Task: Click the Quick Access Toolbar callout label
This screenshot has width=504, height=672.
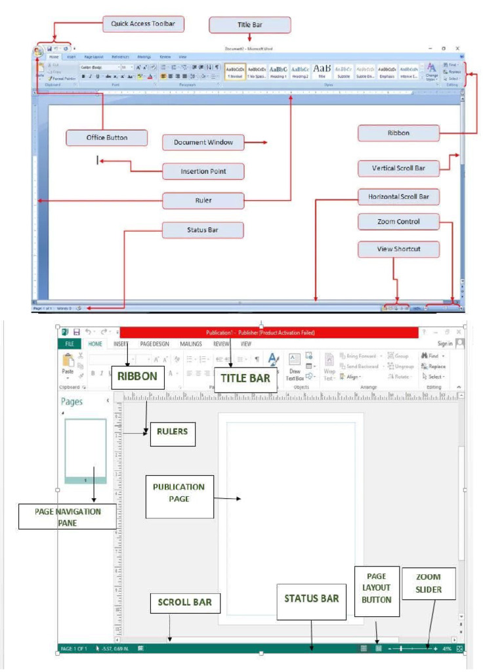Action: click(143, 24)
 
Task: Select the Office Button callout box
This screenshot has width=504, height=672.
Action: click(107, 138)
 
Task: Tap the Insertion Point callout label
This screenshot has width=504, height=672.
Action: click(203, 171)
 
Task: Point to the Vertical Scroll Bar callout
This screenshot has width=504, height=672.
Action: click(398, 168)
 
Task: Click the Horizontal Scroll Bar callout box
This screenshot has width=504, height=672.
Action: click(398, 196)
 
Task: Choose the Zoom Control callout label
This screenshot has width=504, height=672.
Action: click(398, 222)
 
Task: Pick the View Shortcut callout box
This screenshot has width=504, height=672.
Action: click(398, 249)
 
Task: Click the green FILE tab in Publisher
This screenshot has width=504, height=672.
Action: click(68, 343)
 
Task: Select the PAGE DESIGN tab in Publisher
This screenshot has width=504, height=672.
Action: click(154, 343)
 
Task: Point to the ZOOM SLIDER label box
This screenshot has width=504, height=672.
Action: click(429, 583)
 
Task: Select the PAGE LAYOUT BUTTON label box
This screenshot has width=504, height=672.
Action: click(377, 588)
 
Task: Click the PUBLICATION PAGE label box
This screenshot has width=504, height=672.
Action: click(179, 493)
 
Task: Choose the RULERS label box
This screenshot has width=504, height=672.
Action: click(172, 432)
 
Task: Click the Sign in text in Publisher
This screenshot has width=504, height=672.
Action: click(445, 343)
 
